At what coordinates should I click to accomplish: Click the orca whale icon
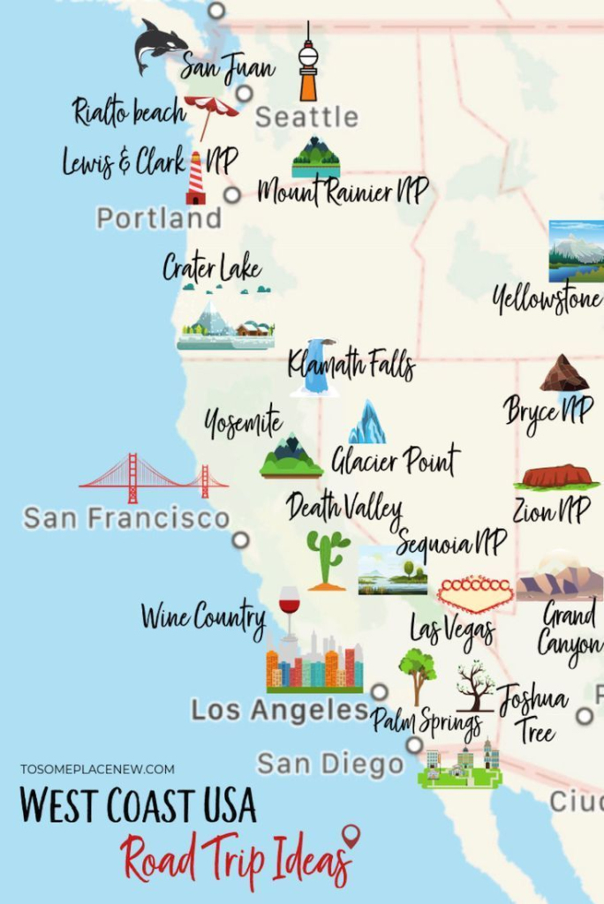160,45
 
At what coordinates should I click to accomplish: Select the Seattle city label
306,117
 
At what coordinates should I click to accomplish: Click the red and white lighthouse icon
196,179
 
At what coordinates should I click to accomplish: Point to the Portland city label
159,218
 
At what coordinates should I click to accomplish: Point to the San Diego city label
330,764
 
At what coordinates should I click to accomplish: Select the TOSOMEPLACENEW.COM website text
97,769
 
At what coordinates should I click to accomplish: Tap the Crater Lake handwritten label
212,267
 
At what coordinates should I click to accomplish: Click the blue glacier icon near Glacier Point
366,423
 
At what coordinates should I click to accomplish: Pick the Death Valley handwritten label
344,508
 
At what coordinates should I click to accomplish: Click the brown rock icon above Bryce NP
564,374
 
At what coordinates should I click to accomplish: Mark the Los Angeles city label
279,710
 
